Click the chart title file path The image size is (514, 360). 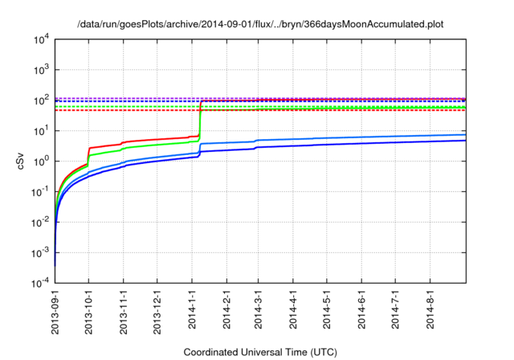pyautogui.click(x=261, y=24)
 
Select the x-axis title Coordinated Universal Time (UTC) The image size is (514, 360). pyautogui.click(x=260, y=352)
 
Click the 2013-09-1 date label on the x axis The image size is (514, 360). pyautogui.click(x=55, y=312)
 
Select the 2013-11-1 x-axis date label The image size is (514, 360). pyautogui.click(x=123, y=312)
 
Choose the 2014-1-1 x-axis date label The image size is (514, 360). pyautogui.click(x=191, y=310)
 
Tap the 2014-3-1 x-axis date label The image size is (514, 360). pyautogui.click(x=258, y=310)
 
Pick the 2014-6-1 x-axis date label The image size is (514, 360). pyautogui.click(x=361, y=310)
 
